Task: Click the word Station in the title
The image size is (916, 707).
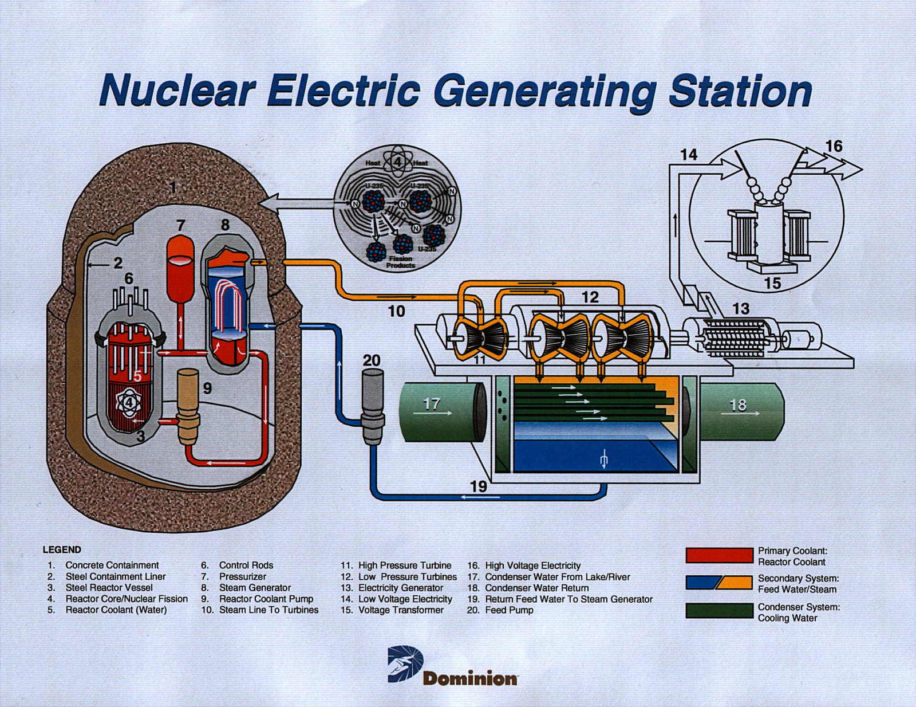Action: [740, 91]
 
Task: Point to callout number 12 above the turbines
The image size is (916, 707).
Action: [590, 297]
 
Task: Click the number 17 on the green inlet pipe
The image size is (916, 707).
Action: [431, 404]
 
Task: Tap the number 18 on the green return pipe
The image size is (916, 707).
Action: [738, 405]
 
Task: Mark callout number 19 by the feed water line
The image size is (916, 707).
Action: [479, 486]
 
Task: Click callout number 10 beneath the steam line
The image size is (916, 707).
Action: [396, 311]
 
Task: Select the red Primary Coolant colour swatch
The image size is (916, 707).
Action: [719, 555]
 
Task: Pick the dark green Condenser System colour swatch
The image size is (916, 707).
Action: [719, 611]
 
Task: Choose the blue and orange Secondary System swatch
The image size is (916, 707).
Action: [719, 583]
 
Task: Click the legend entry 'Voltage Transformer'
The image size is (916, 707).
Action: [401, 610]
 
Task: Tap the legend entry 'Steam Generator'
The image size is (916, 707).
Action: [255, 588]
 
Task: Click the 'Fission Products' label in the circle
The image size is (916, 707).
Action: [400, 262]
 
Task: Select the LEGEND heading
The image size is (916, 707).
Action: [62, 549]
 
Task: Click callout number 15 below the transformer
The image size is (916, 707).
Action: [773, 283]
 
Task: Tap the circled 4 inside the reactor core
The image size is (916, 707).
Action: [129, 402]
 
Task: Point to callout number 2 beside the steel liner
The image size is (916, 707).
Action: [118, 263]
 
